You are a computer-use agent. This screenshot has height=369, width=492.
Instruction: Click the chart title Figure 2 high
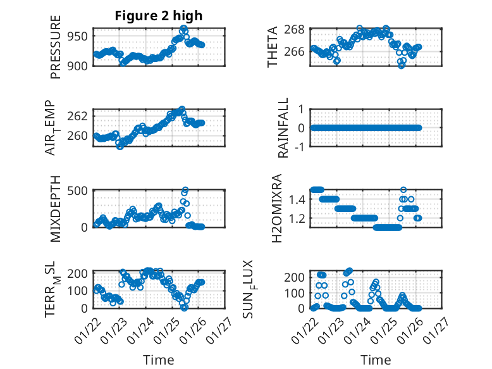[159, 16]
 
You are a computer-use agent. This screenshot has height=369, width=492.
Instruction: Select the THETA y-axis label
[273, 47]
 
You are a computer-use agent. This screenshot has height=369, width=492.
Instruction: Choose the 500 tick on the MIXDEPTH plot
[78, 190]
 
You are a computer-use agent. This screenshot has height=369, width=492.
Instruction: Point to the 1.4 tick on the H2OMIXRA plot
[297, 199]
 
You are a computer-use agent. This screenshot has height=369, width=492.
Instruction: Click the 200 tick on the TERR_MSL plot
[78, 273]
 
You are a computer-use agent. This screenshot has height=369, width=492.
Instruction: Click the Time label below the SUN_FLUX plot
[376, 360]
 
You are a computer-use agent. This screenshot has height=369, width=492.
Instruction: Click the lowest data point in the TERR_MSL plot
[184, 308]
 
